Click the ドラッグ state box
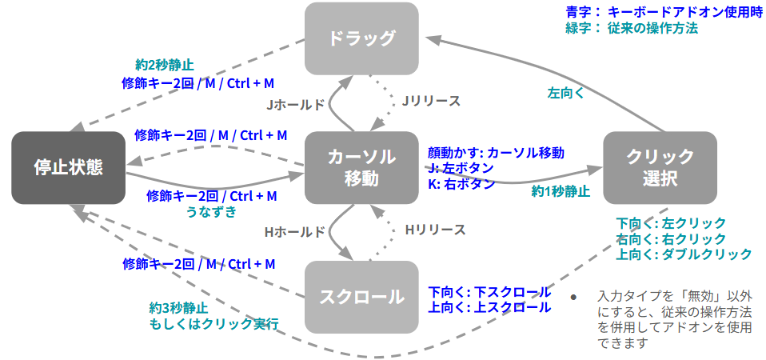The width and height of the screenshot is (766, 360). (x=362, y=37)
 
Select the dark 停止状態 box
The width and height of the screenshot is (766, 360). (x=69, y=166)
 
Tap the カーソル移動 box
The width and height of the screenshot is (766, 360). (x=362, y=166)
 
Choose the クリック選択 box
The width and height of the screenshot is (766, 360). (x=660, y=166)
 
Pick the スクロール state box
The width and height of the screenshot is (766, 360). (x=362, y=297)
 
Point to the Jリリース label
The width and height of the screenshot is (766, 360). (x=430, y=101)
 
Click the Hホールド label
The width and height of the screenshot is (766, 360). (x=295, y=232)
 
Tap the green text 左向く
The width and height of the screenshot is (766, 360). (x=565, y=93)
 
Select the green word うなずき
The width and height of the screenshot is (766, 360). (x=212, y=211)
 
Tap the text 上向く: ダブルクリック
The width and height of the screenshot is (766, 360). (x=684, y=254)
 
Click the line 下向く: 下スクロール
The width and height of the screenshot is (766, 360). (x=489, y=291)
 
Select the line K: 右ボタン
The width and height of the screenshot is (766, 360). (x=461, y=183)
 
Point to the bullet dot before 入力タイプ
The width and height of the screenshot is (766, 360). (x=573, y=297)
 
